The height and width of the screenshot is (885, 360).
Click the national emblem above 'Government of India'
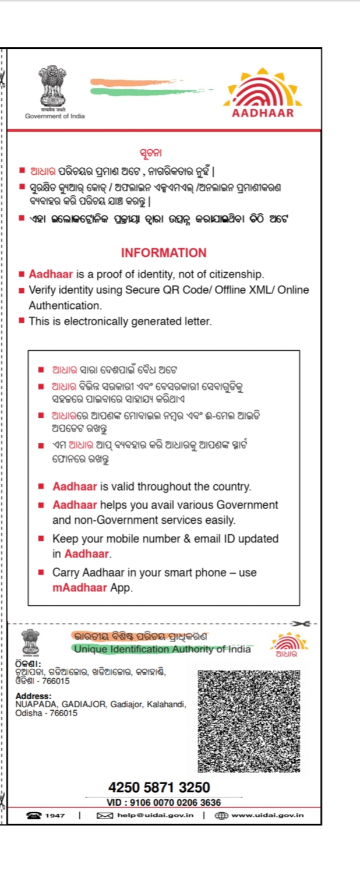coord(54,87)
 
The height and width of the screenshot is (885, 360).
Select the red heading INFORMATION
coord(164,253)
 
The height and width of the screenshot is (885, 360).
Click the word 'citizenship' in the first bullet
coord(241,274)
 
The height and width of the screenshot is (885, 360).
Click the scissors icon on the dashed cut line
coord(302,623)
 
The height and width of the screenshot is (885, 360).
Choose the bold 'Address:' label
coord(34,696)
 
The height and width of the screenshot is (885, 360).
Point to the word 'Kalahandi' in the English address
coord(167,704)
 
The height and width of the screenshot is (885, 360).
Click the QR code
coord(250,720)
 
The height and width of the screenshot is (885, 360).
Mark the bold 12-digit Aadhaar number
coord(159,787)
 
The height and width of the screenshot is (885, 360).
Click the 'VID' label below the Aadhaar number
coord(117,802)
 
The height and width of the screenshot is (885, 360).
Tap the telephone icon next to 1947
coord(35,815)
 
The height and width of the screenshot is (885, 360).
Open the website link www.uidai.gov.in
coord(267,815)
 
